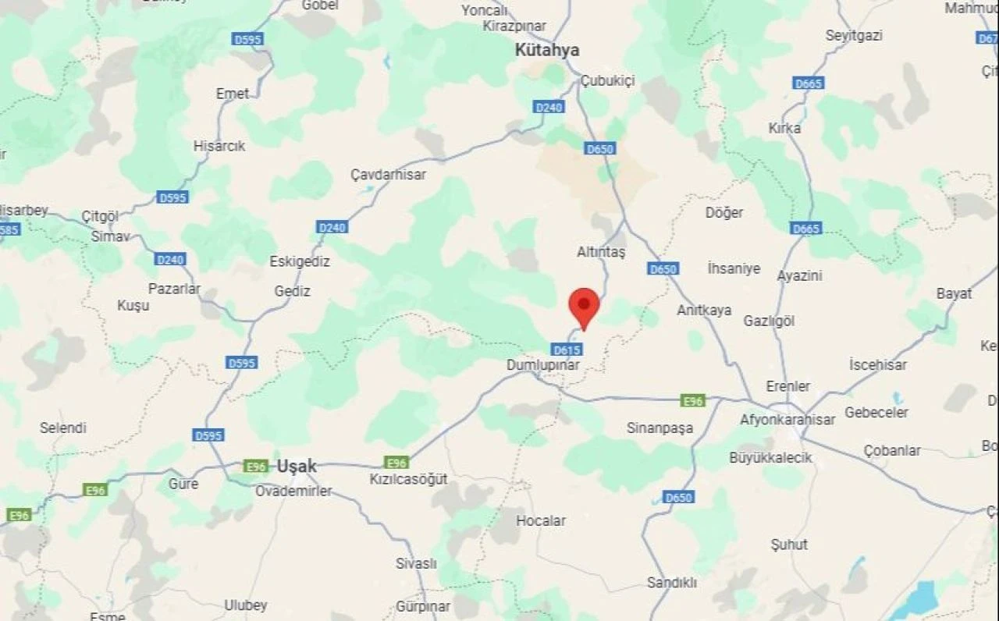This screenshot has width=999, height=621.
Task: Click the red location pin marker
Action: (x=584, y=307)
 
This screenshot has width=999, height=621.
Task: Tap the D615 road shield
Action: (x=566, y=350)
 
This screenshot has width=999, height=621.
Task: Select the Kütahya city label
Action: (x=547, y=50)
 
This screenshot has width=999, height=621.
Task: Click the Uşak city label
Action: (x=297, y=467)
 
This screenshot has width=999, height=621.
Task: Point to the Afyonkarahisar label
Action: (x=787, y=420)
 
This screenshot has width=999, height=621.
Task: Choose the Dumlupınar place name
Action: (x=544, y=364)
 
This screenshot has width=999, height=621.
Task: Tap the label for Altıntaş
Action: (x=601, y=252)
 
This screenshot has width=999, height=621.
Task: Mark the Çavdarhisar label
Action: (x=388, y=175)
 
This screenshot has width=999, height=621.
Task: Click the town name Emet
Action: (x=233, y=94)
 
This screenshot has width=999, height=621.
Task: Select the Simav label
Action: (x=110, y=236)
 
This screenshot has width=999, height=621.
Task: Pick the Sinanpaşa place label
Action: (x=659, y=428)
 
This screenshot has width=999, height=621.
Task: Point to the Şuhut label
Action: (x=789, y=545)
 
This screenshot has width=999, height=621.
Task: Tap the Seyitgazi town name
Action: (x=853, y=36)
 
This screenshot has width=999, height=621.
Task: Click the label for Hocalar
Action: (x=541, y=520)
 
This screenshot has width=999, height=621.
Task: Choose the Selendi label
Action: (x=63, y=428)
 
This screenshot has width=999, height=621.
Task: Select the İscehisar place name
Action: (x=878, y=365)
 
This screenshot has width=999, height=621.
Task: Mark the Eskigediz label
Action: (x=300, y=261)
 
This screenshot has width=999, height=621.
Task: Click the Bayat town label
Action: (x=954, y=293)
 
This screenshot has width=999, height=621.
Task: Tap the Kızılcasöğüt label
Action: (x=408, y=479)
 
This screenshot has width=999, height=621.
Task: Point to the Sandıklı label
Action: (x=671, y=583)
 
